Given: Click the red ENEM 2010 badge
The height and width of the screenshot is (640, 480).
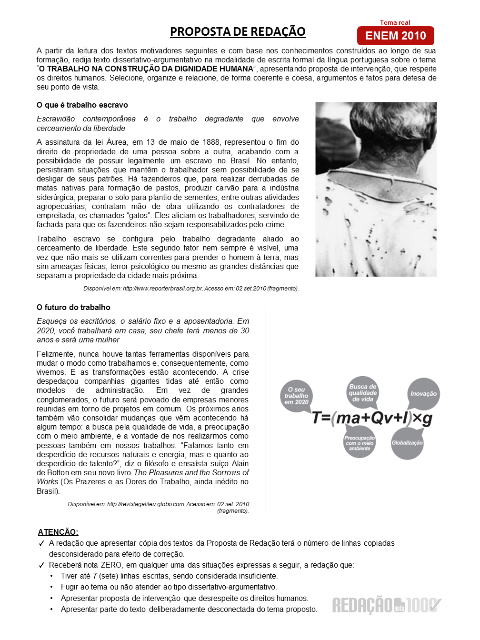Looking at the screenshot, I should pos(395,36).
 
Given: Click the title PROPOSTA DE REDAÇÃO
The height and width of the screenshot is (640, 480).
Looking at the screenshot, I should pos(238,31).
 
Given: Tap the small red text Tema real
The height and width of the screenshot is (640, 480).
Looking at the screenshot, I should pos(395,22).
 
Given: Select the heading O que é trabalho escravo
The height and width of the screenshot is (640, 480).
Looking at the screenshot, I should pos(82,105).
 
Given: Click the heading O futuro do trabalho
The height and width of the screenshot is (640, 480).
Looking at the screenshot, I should pos(73,307).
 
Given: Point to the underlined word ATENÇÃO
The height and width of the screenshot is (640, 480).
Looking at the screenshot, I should pos(58,532).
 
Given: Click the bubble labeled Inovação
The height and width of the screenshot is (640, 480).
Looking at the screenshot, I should pos(423,394).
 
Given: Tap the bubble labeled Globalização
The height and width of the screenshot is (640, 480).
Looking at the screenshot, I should pos(407,443).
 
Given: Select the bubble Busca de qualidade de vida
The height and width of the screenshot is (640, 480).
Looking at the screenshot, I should pos(362,393).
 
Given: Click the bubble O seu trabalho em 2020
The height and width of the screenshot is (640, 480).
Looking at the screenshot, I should pos(296,396).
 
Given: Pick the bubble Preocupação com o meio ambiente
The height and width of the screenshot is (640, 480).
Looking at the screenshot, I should pos(360,443).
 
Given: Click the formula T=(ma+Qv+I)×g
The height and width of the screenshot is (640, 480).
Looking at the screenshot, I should pos(372,418).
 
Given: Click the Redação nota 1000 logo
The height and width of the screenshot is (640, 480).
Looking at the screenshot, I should pos(386,605).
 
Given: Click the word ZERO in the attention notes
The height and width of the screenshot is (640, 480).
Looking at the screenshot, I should pos(111,565).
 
